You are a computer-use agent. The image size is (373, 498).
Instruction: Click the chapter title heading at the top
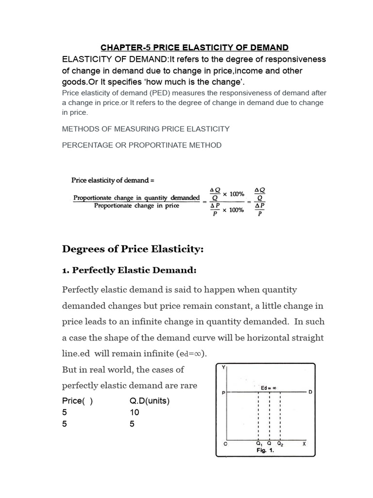tap(194, 47)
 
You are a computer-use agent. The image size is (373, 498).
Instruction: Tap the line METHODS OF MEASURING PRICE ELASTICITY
tap(146, 129)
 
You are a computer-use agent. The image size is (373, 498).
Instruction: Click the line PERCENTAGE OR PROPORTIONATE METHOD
tap(142, 145)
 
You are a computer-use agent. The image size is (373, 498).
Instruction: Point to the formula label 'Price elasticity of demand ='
tap(113, 180)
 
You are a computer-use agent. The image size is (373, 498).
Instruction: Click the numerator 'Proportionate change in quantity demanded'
tap(136, 197)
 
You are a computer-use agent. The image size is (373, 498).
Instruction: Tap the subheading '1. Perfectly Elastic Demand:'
tap(130, 270)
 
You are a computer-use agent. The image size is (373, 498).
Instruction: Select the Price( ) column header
tap(77, 401)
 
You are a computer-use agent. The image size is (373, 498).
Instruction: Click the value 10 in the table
tap(135, 412)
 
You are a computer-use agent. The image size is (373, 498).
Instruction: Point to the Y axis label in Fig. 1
tap(223, 368)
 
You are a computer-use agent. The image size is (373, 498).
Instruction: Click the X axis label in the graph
tap(304, 444)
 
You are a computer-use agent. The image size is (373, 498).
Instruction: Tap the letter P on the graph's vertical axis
tap(223, 392)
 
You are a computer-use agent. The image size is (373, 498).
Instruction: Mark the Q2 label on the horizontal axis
tap(281, 444)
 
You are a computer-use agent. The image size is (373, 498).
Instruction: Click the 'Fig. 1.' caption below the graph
tap(266, 450)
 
